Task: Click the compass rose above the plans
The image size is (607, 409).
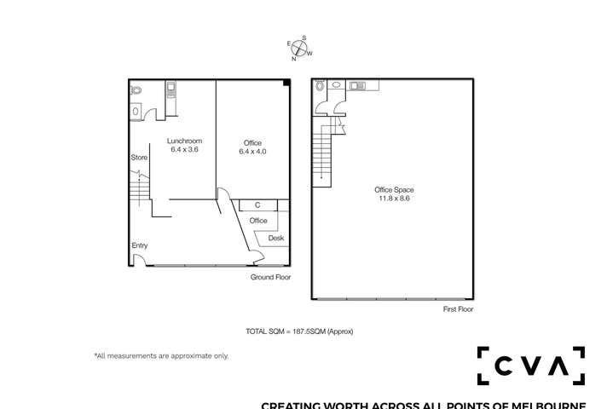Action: point(300,49)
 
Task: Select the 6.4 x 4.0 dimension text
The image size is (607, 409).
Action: point(252,151)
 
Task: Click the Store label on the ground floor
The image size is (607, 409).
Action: point(139,158)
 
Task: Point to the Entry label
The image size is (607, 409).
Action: point(139,246)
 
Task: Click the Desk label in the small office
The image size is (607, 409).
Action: point(276,238)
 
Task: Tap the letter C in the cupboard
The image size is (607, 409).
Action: point(257,204)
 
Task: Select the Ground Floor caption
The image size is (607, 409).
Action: point(270,278)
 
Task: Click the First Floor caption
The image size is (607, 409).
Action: point(458,309)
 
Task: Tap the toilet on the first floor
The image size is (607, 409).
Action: point(320,85)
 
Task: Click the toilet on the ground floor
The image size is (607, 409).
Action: point(136,89)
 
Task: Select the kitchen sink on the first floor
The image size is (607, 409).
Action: point(356,84)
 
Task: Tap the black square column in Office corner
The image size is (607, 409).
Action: point(287,82)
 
